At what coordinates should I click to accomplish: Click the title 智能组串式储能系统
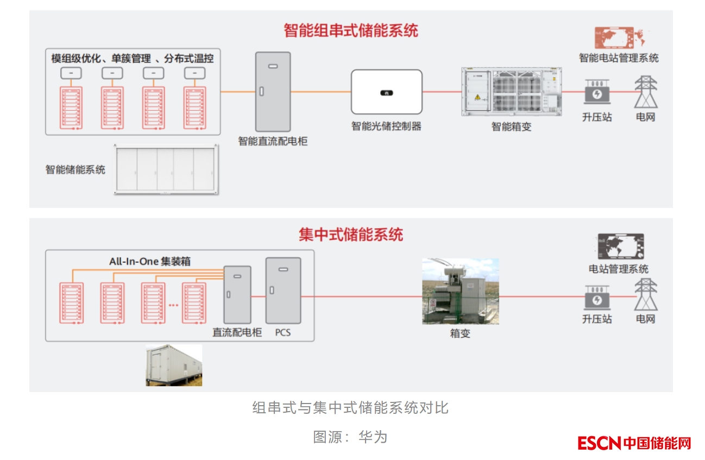click(x=351, y=30)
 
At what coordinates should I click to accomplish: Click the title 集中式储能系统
click(x=351, y=235)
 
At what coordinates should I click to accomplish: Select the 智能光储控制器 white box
click(x=386, y=92)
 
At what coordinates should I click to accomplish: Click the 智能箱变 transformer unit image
click(x=511, y=91)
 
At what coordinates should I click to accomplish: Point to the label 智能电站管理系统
click(x=619, y=58)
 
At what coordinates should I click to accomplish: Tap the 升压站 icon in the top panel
click(x=597, y=92)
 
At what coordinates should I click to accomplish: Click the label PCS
click(x=283, y=332)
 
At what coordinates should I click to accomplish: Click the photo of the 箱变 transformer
click(x=461, y=292)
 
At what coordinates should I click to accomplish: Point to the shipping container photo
click(x=174, y=365)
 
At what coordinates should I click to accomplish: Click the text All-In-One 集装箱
click(x=150, y=261)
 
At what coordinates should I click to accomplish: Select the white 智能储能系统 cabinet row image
click(x=166, y=169)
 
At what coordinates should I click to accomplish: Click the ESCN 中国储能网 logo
click(x=634, y=443)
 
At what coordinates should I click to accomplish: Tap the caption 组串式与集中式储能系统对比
click(x=350, y=407)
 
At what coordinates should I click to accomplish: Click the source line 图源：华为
click(x=350, y=437)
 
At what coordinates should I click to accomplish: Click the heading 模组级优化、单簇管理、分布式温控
click(x=133, y=59)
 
